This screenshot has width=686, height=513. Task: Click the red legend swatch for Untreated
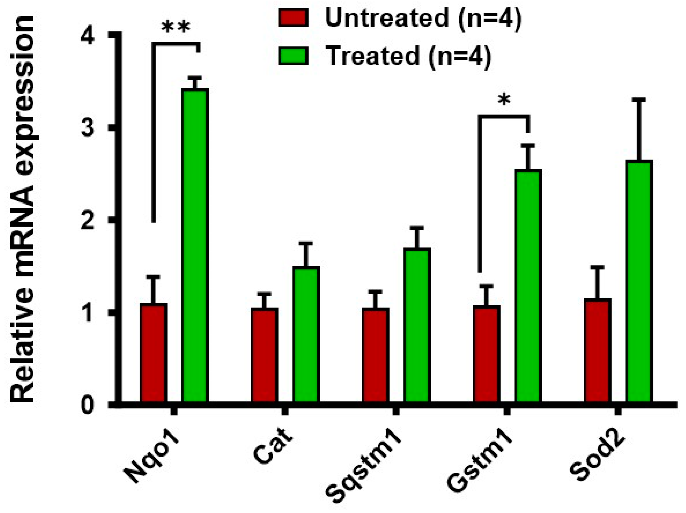click(293, 18)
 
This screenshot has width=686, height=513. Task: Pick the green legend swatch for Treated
click(293, 56)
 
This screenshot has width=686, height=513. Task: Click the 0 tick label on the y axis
click(88, 405)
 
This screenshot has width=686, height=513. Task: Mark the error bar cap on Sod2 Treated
click(639, 100)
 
